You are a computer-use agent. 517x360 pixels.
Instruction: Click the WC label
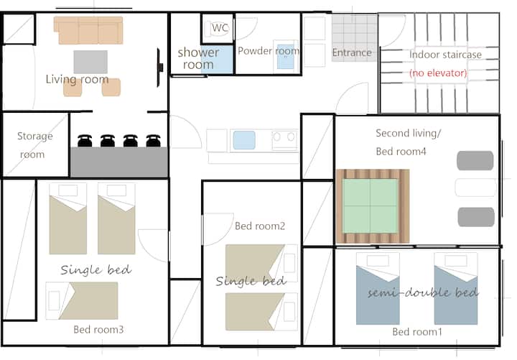(220, 28)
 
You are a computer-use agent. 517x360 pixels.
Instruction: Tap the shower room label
(198, 58)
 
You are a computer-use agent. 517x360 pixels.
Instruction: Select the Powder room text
(269, 51)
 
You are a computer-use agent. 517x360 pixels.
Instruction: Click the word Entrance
(352, 52)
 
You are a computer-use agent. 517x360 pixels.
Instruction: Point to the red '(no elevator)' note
(438, 73)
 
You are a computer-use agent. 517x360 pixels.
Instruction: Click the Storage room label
(34, 145)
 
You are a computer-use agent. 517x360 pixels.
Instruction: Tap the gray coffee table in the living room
(90, 62)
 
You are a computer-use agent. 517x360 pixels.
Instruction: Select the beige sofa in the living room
(88, 30)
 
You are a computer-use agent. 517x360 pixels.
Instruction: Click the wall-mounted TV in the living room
(159, 68)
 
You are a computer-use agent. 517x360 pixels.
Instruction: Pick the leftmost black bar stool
(85, 141)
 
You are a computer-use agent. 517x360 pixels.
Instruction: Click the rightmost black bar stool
(154, 141)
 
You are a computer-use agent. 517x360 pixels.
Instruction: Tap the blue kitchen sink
(244, 140)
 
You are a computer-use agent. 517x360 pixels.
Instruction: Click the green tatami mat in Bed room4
(370, 206)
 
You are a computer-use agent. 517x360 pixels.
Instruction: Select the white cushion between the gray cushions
(475, 188)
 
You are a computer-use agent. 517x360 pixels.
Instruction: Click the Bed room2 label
(260, 226)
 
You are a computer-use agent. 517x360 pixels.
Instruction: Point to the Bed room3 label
(98, 329)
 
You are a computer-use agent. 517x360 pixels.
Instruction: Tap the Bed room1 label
(417, 332)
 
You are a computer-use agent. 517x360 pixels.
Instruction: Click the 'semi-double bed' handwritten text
(423, 292)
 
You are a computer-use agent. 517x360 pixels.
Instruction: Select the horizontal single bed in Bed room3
(82, 300)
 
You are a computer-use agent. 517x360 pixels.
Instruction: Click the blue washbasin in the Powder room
(286, 57)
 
